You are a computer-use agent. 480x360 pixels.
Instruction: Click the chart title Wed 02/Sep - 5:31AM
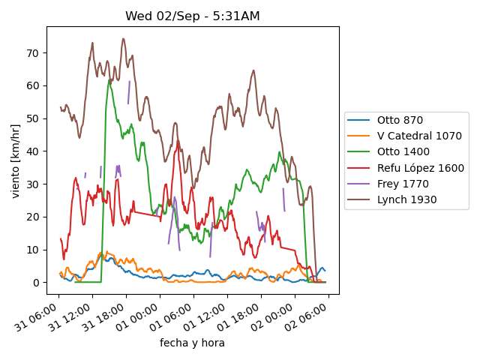point(193,16)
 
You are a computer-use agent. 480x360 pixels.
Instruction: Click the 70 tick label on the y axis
point(33,53)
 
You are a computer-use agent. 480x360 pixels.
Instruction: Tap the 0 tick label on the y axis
point(36,283)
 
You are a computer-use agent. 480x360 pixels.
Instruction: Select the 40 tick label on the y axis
point(33,151)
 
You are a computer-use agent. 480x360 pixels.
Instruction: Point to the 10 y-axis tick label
point(33,250)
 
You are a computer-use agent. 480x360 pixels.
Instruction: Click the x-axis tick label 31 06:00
point(36,317)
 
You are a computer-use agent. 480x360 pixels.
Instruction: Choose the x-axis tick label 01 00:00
point(137,317)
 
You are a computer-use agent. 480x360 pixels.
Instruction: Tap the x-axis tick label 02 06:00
point(306,317)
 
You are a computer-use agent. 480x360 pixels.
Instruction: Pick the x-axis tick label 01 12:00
point(205,317)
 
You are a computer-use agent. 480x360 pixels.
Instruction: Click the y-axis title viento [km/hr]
point(15,161)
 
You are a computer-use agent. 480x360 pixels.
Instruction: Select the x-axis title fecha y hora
point(192,343)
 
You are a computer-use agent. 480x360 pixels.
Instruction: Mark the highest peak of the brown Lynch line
point(123,39)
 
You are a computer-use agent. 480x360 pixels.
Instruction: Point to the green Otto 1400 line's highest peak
point(109,80)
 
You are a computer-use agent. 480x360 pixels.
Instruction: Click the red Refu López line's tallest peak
point(178,142)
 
